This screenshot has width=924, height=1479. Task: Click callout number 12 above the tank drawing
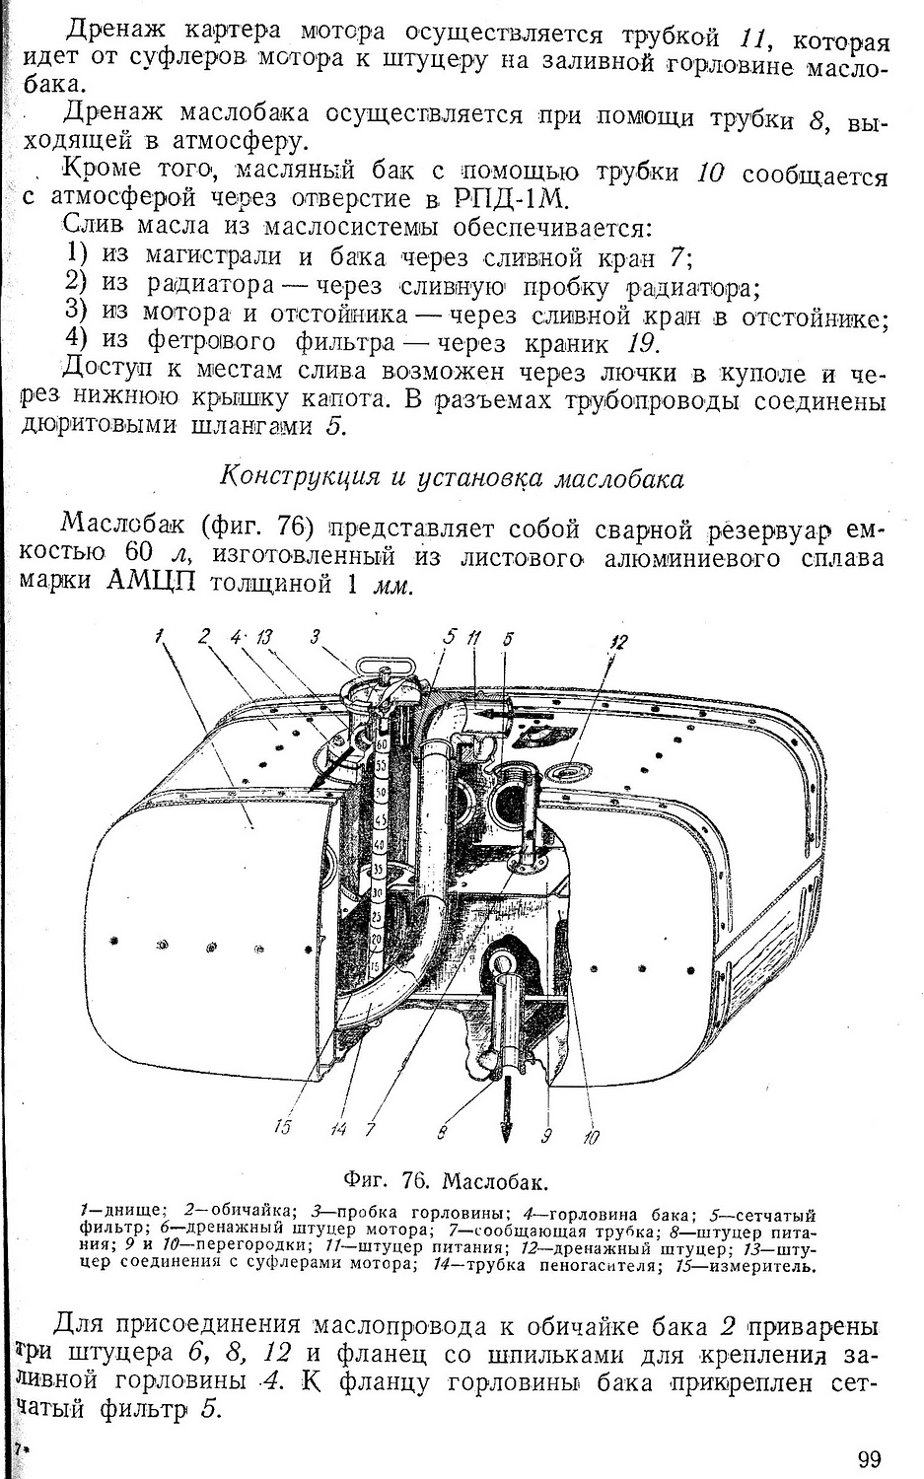tap(617, 642)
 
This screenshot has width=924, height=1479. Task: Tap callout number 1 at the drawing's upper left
tap(159, 637)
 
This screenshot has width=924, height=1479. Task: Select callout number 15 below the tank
tap(283, 1122)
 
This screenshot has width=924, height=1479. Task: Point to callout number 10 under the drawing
tap(590, 1137)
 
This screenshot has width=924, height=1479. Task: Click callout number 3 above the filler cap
tap(315, 637)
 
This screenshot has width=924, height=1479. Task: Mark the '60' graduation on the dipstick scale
tap(381, 745)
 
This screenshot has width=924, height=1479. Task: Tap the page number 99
tap(869, 1458)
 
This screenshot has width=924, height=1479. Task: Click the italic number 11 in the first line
tap(753, 40)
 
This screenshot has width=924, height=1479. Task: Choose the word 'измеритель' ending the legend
tap(772, 1266)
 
